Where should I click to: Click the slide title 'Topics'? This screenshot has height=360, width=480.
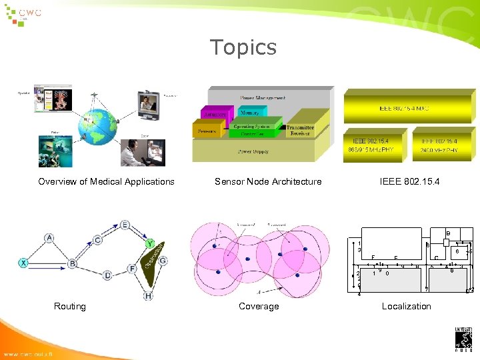[x=243, y=47]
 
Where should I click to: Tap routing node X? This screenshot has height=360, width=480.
[x=23, y=263]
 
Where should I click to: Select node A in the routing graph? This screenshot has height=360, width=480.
[x=49, y=238]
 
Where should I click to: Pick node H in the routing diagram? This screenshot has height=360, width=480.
[x=147, y=295]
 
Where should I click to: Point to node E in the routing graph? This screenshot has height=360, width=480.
[x=125, y=225]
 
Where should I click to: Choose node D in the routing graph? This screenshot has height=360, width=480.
[x=107, y=275]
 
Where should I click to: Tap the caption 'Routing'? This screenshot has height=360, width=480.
[x=70, y=306]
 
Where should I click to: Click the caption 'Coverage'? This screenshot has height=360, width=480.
[x=259, y=306]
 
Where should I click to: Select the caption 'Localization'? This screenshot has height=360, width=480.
[x=406, y=306]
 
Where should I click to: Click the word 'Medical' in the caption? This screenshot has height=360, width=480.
[x=109, y=181]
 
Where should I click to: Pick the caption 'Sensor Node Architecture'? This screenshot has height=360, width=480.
[x=268, y=181]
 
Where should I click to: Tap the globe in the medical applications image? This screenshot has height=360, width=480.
[x=95, y=127]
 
